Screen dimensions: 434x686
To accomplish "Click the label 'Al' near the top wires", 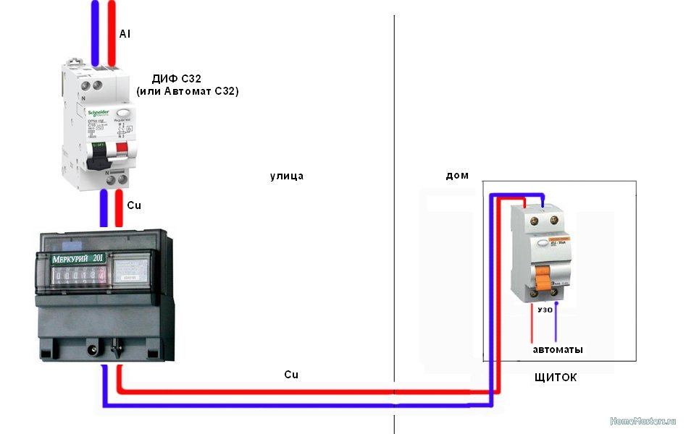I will [125, 33].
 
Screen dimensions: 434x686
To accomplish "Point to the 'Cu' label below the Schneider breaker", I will [134, 205].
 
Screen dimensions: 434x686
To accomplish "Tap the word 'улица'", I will [287, 176].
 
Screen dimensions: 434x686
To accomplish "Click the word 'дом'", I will [458, 175].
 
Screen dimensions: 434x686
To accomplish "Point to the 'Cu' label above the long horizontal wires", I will [290, 375].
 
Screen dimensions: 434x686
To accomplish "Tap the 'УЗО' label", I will [545, 309].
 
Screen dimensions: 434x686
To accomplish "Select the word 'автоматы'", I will [558, 349].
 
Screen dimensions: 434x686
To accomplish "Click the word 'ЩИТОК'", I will [555, 378].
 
